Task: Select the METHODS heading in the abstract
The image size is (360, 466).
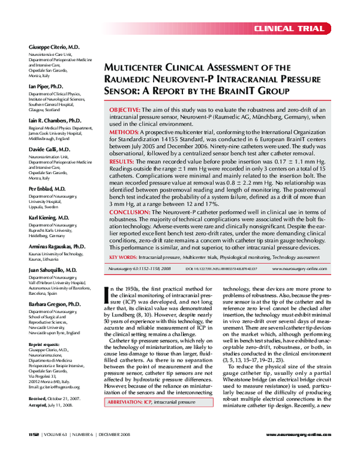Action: pos(123,131)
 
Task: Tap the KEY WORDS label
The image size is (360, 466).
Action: pos(123,257)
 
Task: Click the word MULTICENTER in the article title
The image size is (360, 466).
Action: pos(138,68)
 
